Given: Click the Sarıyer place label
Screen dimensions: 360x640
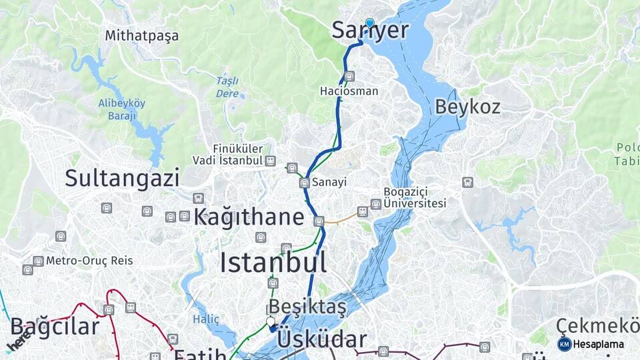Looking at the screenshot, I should [369, 31].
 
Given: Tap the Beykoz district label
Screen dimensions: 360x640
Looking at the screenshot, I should [467, 107].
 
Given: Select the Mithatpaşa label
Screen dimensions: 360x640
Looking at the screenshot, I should [141, 36].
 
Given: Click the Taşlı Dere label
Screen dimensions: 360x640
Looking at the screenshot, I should [227, 87].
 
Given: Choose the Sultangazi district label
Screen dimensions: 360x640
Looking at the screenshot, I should [122, 178].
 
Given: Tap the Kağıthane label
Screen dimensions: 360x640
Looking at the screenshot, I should [249, 217].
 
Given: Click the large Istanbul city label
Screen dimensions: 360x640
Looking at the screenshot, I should [273, 263].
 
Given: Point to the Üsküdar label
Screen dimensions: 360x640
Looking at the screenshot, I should [321, 339].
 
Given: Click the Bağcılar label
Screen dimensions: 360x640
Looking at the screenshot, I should [55, 327].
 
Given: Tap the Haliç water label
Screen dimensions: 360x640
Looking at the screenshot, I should [205, 319].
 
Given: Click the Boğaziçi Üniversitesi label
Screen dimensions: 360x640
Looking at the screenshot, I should [414, 197].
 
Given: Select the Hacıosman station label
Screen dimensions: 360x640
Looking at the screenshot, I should [349, 91].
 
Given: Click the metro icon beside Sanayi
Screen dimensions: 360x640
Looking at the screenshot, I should [304, 183].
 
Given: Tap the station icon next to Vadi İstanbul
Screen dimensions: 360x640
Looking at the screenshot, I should [270, 161].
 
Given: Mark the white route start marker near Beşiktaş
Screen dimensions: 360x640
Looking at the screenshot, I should [270, 322].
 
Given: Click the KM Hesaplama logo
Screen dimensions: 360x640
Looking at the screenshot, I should [591, 344].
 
